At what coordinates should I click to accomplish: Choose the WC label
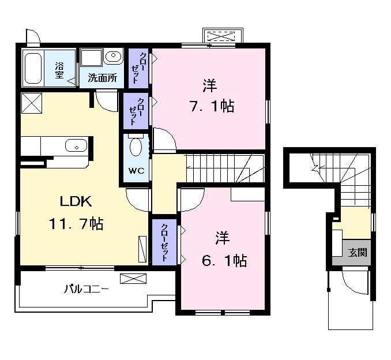(136, 171)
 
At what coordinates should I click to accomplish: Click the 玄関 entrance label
(358, 252)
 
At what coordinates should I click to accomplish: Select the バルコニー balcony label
(86, 288)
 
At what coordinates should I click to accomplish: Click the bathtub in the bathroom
(35, 67)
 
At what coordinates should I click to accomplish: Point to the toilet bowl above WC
(136, 147)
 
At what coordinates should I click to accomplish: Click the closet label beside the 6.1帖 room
(165, 242)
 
